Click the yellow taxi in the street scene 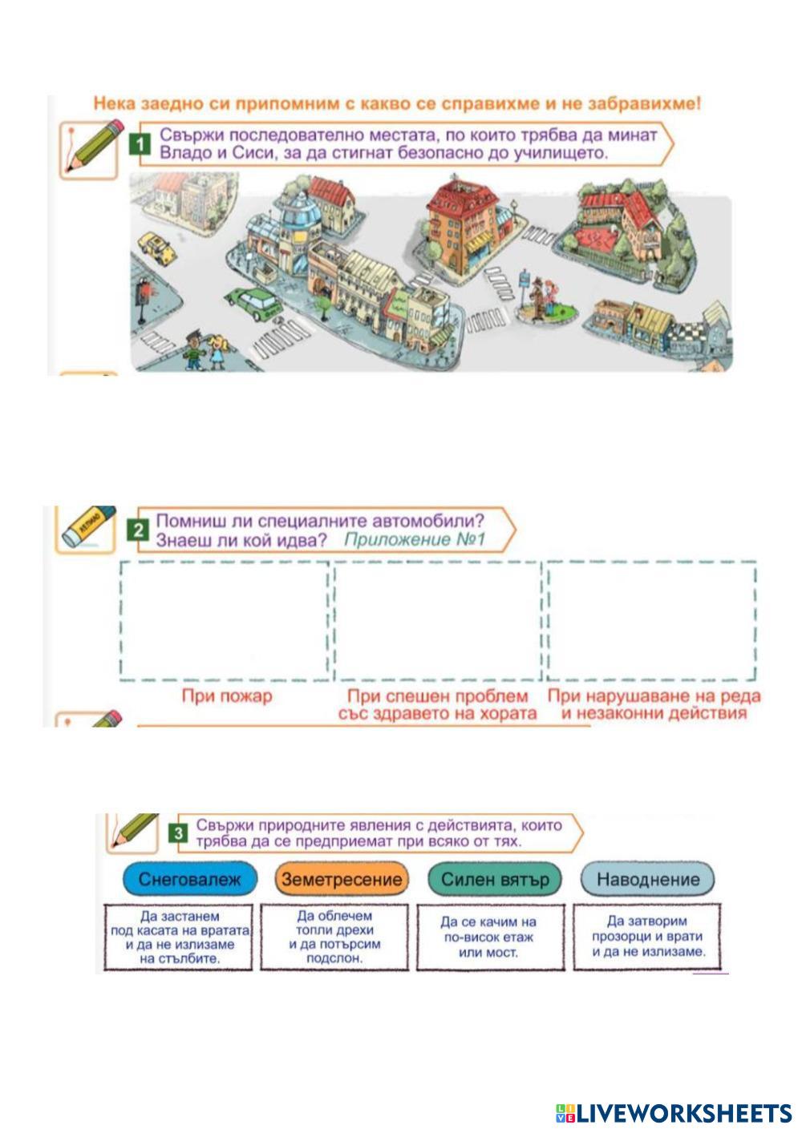[x=156, y=248]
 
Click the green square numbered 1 [x=140, y=144]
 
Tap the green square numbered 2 [x=140, y=530]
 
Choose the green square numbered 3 [x=178, y=833]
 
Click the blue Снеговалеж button [x=189, y=879]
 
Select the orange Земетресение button [x=341, y=879]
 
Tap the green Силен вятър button [x=495, y=879]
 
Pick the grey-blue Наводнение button [x=647, y=879]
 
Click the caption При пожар [x=227, y=696]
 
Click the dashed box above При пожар [x=225, y=621]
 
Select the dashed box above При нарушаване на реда [x=651, y=621]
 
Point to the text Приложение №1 [x=415, y=539]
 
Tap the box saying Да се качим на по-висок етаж [x=489, y=937]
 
